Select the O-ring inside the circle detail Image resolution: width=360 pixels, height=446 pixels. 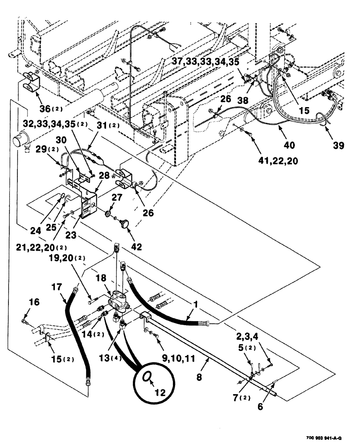point(146,378)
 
